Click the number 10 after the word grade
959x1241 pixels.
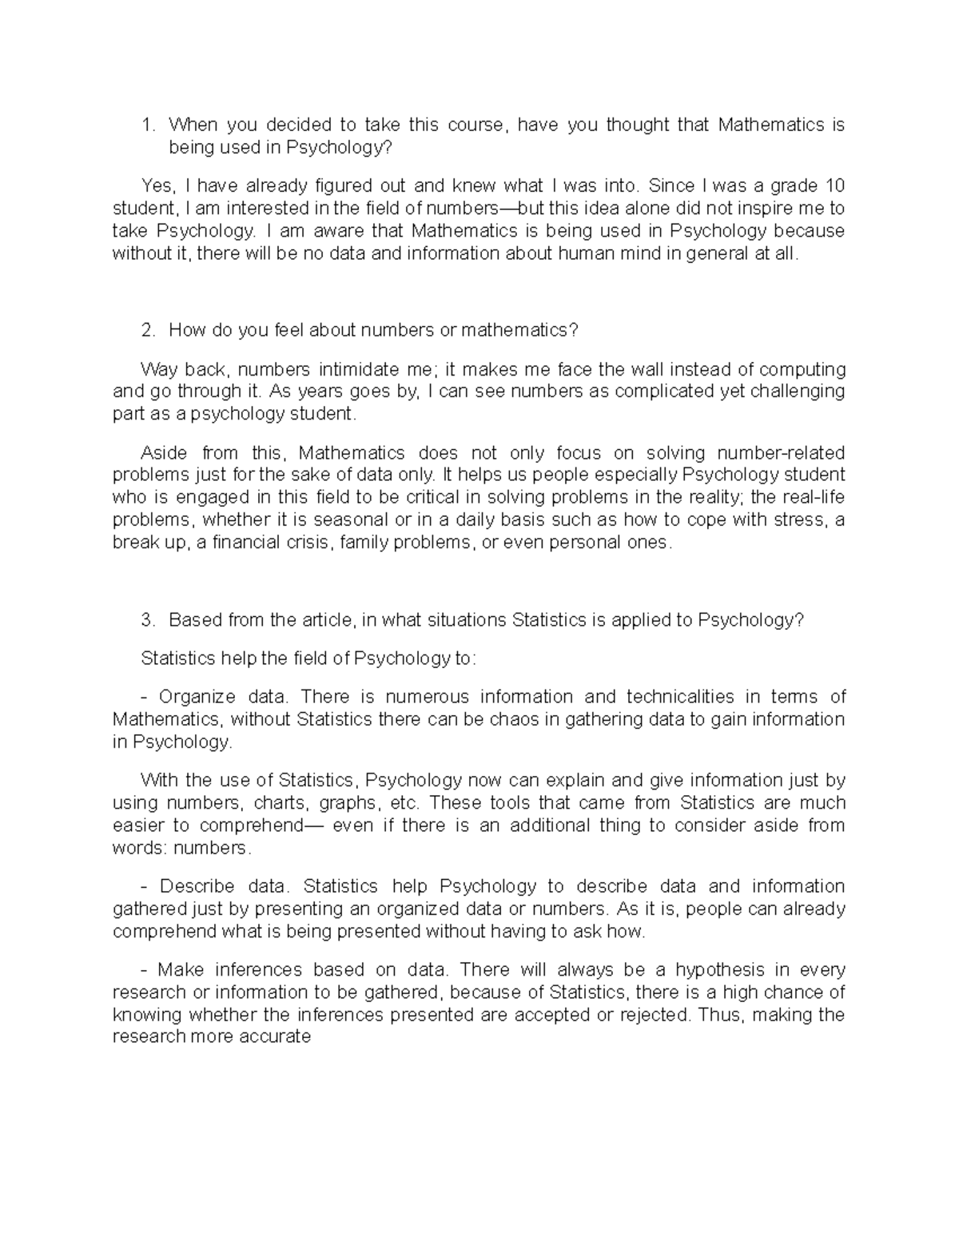click(834, 186)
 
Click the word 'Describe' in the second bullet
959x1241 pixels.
click(197, 886)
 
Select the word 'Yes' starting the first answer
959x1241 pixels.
click(157, 186)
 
